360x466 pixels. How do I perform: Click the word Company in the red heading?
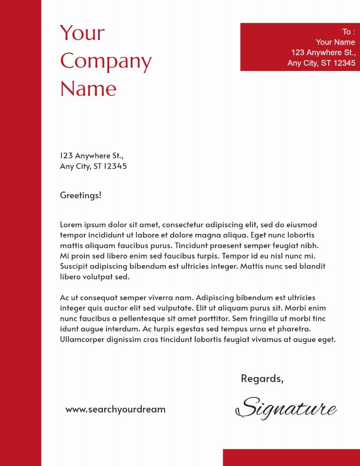coord(106,61)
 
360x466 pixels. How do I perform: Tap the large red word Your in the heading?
coord(82,33)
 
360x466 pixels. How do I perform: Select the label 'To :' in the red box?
coord(348,32)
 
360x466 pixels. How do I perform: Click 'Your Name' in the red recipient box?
coord(335,42)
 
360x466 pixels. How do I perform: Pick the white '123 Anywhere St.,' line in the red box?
coord(323,53)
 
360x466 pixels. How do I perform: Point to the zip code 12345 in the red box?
coord(344,63)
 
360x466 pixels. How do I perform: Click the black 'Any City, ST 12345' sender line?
coord(93,166)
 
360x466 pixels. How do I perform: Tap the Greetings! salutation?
coord(80,195)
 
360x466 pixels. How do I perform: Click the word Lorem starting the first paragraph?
coord(71,225)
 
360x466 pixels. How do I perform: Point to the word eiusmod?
coord(302,225)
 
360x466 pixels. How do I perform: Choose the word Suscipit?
coord(74,266)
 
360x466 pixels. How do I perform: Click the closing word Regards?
coord(262,379)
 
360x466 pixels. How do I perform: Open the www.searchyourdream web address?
coord(115,409)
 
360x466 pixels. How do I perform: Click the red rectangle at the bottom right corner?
coord(291,458)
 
